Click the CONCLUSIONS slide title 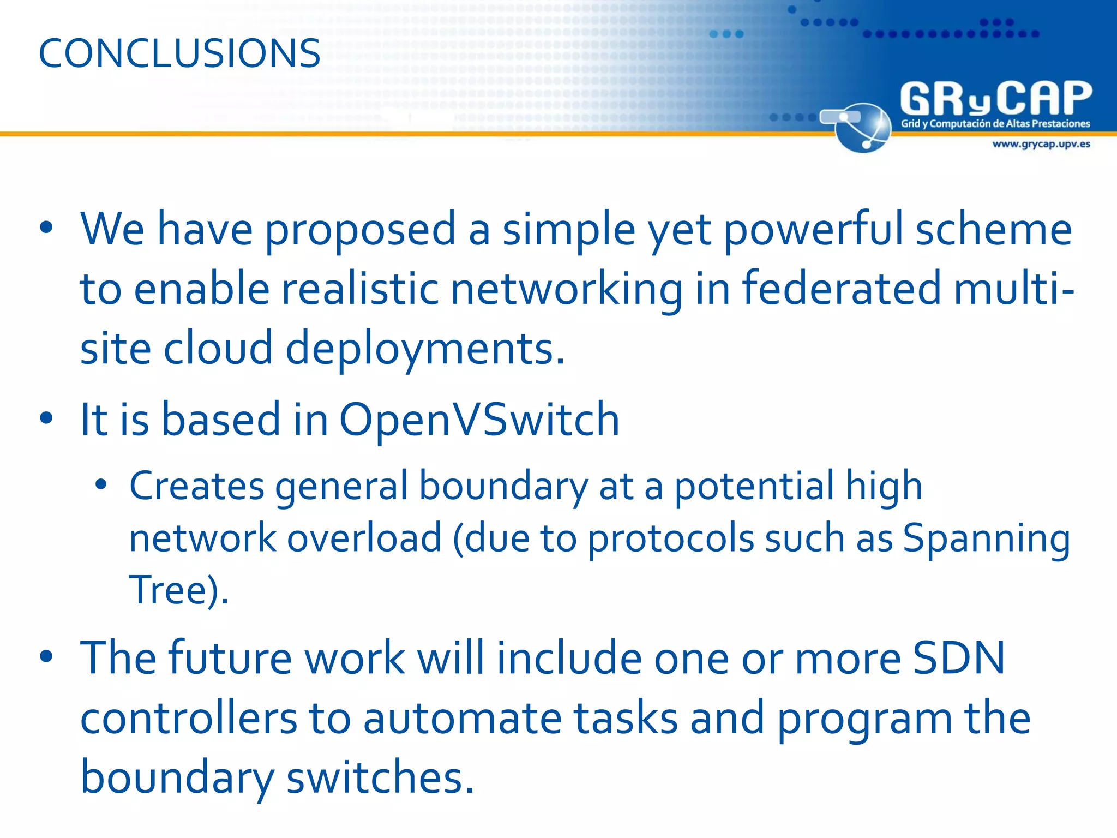coord(179,53)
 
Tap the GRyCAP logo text coord(996,99)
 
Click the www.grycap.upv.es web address coord(1041,144)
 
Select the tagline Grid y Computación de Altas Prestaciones coord(995,124)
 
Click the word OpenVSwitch coord(479,420)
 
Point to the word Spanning coord(986,539)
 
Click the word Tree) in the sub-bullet coord(177,590)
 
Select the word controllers coord(189,718)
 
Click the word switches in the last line coord(380,777)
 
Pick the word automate coord(462,718)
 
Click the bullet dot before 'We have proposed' coord(46,228)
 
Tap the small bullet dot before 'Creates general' coord(100,484)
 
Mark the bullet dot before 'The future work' coord(46,656)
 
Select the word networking coord(566,289)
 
